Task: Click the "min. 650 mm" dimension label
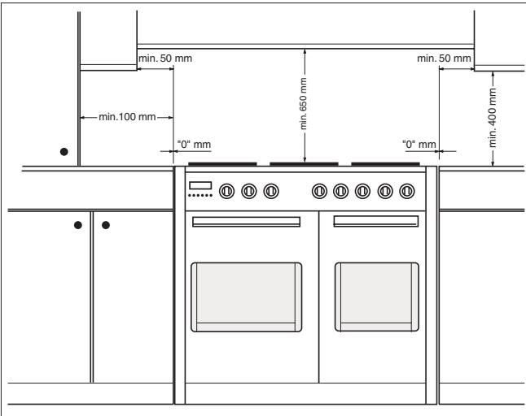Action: pos(303,103)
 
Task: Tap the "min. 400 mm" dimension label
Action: pos(492,118)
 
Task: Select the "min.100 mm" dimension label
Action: pos(127,117)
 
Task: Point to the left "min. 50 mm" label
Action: pos(165,58)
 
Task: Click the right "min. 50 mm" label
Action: pos(444,58)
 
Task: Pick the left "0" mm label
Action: pos(194,145)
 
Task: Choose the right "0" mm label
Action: pos(419,145)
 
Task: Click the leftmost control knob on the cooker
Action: pos(227,191)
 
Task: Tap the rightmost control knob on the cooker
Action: pos(407,191)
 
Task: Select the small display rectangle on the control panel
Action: pos(200,185)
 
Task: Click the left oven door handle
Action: pos(246,222)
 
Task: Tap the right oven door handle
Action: pos(376,221)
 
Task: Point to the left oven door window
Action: pos(246,297)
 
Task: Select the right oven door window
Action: pos(377,297)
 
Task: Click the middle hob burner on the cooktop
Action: pos(304,164)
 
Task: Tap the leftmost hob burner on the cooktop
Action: pos(222,164)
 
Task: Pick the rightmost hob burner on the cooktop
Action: pos(385,164)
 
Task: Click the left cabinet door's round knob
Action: pos(78,225)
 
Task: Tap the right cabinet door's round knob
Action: pos(106,225)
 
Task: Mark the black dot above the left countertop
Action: pos(64,152)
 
